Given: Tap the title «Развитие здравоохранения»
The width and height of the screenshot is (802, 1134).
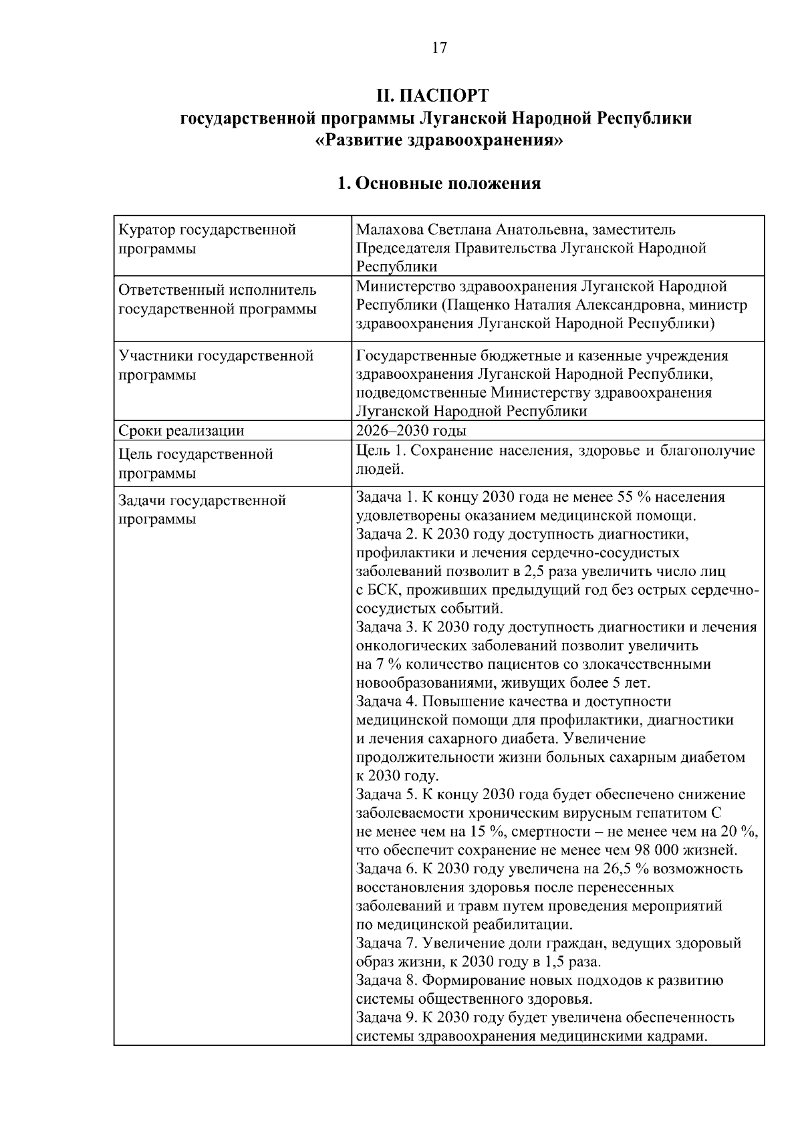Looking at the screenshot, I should (x=438, y=141).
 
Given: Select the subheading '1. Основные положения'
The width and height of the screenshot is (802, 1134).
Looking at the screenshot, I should (x=438, y=183).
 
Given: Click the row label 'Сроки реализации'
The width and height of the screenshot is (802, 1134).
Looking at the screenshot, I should (x=181, y=431).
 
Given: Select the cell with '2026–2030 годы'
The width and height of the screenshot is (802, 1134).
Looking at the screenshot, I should (x=412, y=430).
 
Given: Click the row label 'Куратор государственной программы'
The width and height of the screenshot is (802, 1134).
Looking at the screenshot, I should (x=207, y=239).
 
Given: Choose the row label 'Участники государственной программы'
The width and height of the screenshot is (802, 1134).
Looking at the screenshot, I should (x=215, y=365).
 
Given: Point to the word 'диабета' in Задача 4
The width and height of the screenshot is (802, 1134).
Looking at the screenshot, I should (x=526, y=739).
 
